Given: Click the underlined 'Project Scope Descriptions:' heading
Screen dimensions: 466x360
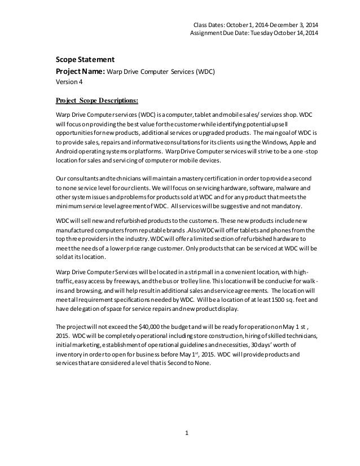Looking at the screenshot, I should (x=96, y=101).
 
